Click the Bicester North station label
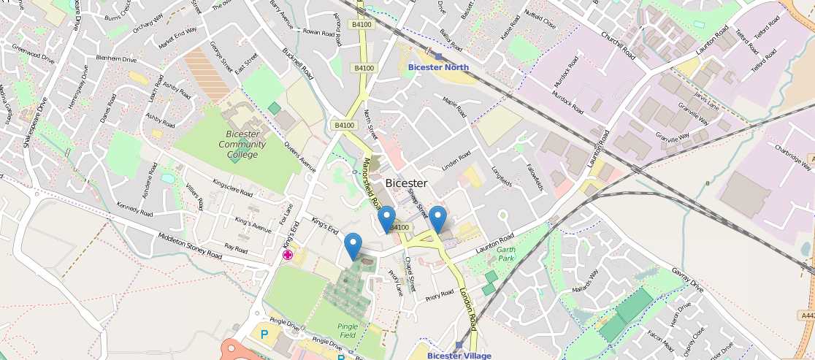click(x=438, y=67)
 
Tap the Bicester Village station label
click(x=459, y=356)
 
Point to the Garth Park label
click(x=505, y=254)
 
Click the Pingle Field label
click(x=348, y=330)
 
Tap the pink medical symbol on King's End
click(x=288, y=254)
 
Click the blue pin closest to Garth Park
click(x=437, y=219)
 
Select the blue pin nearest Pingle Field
click(x=353, y=245)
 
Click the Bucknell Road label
click(x=297, y=64)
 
